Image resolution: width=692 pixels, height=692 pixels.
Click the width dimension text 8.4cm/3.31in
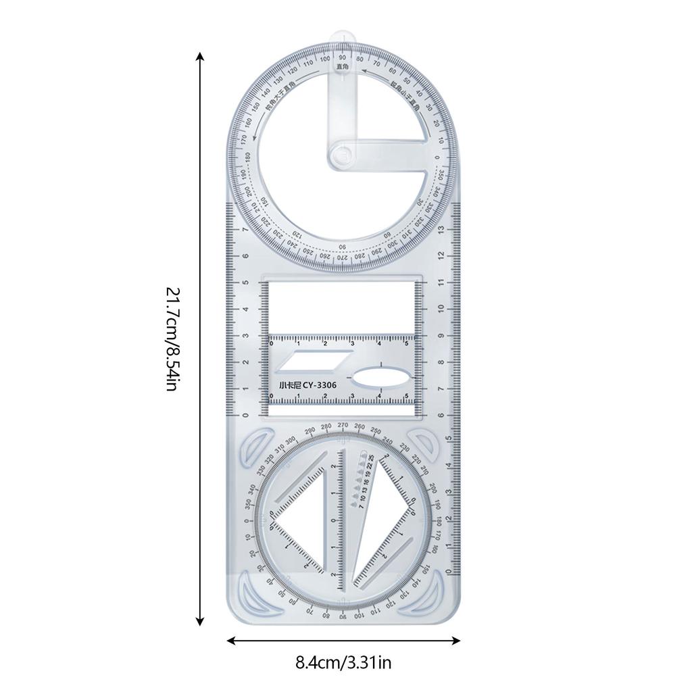343,662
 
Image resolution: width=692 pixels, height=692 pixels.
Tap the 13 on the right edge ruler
441,230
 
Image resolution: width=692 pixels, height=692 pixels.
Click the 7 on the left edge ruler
245,230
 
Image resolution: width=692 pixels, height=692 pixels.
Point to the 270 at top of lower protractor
343,425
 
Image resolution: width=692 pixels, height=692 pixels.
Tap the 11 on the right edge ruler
441,282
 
